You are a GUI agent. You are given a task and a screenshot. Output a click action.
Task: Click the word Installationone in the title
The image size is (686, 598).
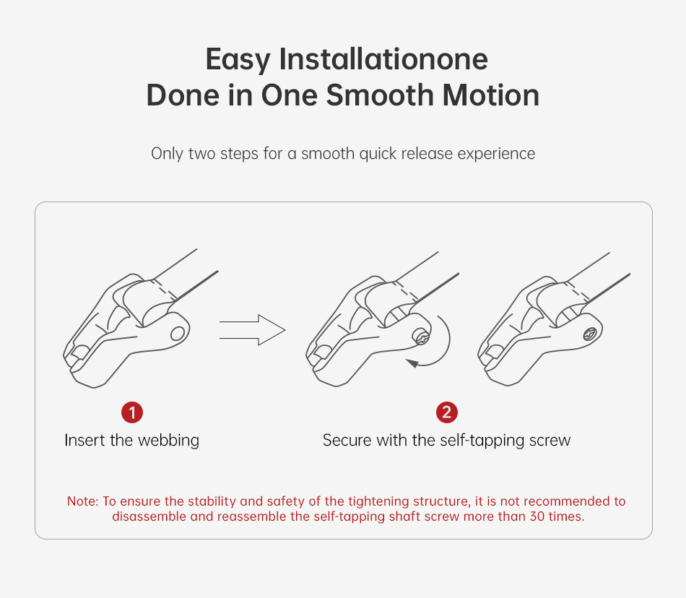coord(383,59)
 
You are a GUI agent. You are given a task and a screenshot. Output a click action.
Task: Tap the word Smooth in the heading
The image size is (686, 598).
coord(380,95)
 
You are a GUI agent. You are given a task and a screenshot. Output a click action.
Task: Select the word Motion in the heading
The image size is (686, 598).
coord(491,95)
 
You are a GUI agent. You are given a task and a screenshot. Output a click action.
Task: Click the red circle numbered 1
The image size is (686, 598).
coord(132,412)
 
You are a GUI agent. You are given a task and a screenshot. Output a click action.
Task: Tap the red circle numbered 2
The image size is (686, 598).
coord(447,412)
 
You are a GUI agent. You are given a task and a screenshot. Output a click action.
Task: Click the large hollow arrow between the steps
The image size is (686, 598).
coord(253,330)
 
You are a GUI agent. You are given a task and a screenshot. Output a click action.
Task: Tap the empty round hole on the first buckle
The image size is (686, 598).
coord(178,334)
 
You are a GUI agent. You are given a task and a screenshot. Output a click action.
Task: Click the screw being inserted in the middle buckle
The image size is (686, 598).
coord(421,337)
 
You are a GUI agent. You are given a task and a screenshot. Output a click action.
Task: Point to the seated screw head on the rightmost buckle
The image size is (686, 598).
coord(590,334)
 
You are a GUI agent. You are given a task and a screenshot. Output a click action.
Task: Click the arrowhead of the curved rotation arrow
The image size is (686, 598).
coord(412,363)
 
